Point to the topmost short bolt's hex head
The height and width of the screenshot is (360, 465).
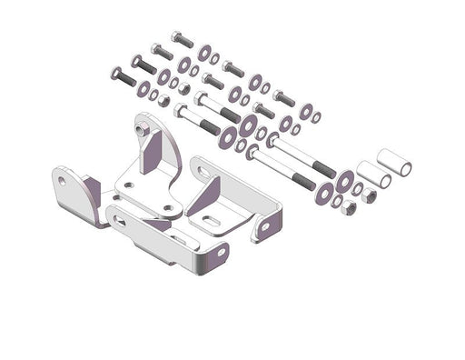(x=175, y=38)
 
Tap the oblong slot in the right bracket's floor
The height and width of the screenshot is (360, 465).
(x=211, y=220)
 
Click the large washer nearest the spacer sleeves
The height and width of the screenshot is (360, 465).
(x=344, y=181)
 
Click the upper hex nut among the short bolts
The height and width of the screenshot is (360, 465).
(x=181, y=88)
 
